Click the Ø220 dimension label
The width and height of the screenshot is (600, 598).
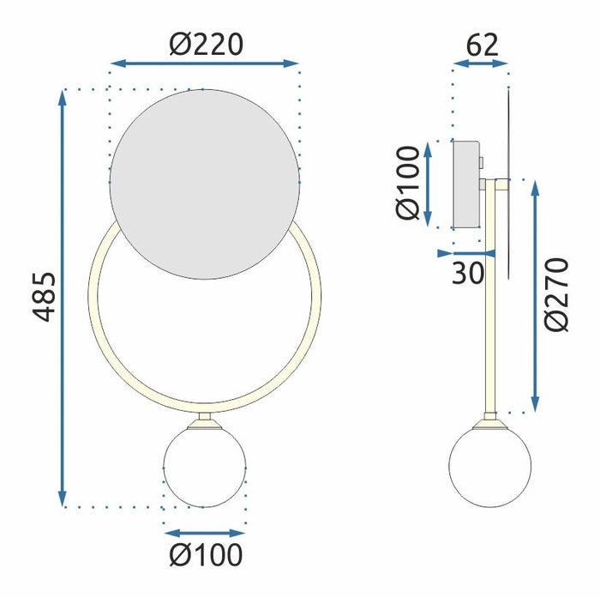point(205,42)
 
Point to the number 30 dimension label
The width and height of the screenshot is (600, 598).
point(467,273)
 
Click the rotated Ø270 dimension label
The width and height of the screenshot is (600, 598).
point(557,293)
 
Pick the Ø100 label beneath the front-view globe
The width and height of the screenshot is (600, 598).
point(206,555)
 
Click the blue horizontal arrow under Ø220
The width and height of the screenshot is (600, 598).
point(205,63)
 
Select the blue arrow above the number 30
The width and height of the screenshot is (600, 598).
point(466,253)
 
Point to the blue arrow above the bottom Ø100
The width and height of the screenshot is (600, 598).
point(206,532)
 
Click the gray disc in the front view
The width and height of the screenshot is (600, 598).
point(205,184)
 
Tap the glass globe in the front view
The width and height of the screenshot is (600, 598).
point(206,468)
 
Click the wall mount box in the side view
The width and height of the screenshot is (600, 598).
point(467,184)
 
